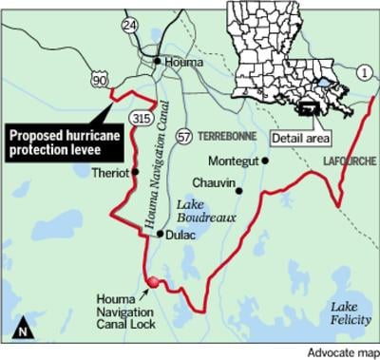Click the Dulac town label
tap(183, 234)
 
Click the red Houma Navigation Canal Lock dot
tap(151, 280)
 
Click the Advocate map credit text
tap(342, 352)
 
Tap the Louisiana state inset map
tap(285, 57)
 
